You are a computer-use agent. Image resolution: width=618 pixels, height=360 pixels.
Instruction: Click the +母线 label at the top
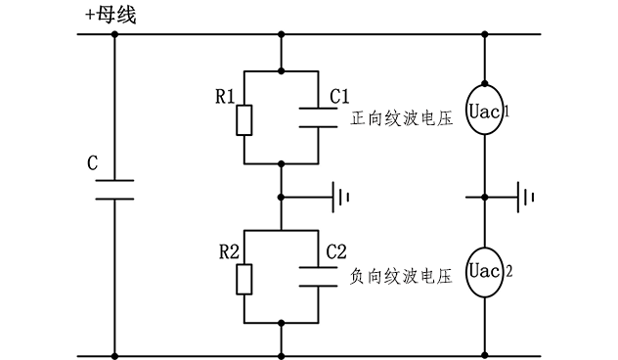(111, 15)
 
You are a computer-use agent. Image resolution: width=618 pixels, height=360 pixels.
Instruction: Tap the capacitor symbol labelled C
(114, 190)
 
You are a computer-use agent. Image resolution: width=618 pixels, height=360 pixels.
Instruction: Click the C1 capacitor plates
(320, 116)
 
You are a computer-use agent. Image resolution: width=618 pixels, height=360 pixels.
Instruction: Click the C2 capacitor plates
(320, 276)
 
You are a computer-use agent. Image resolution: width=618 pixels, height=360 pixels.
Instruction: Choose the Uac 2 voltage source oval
(485, 266)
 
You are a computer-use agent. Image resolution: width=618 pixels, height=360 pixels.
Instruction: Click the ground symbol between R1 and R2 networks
(340, 197)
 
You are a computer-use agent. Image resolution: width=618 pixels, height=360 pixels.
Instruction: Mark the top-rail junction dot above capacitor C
(114, 35)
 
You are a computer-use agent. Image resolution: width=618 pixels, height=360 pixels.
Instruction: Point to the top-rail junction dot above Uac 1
(485, 35)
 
